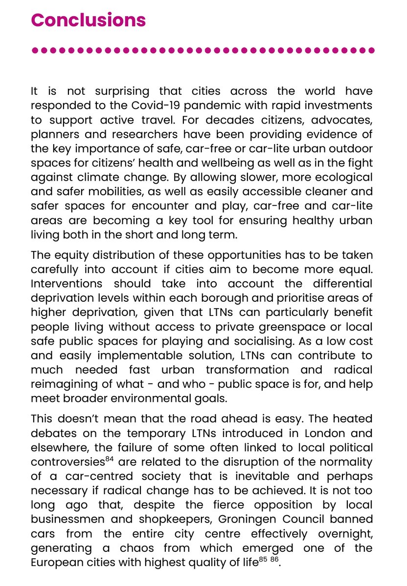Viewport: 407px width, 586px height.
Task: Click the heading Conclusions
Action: [88, 20]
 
